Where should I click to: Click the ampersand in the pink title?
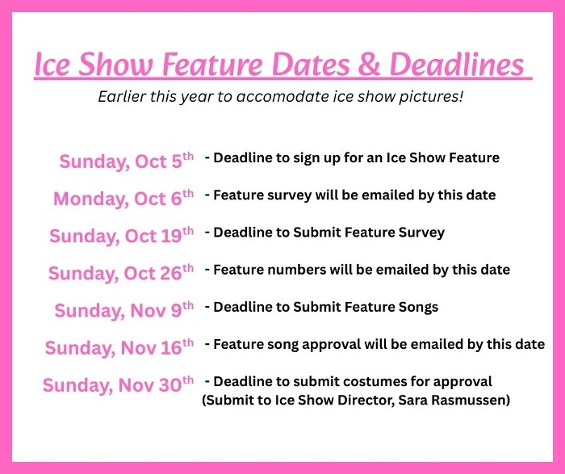369,64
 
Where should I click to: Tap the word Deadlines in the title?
457,64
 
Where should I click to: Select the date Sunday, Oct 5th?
127,161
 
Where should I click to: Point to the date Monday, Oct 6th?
123,198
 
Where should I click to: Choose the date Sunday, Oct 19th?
121,235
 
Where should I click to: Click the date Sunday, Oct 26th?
121,272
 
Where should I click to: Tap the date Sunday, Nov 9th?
124,310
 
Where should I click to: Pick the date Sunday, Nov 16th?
119,347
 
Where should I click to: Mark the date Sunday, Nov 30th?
118,384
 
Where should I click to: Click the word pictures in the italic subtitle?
430,97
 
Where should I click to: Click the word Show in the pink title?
115,64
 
